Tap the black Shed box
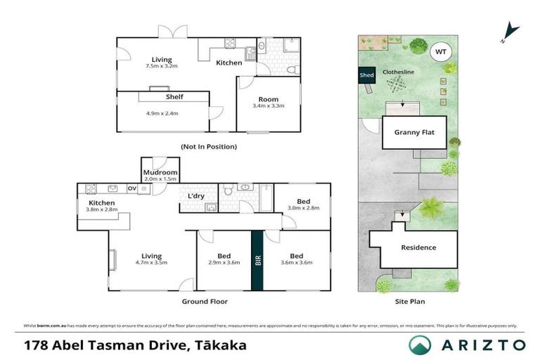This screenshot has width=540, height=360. (x=366, y=75)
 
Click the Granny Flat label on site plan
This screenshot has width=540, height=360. (x=414, y=132)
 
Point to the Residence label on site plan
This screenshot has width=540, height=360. (x=418, y=247)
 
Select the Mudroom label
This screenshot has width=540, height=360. (x=160, y=172)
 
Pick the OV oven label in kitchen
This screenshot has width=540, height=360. (x=131, y=188)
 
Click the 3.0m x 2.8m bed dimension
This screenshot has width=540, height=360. (x=302, y=208)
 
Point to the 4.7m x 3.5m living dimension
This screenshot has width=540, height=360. (x=151, y=263)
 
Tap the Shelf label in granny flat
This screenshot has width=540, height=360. (x=174, y=97)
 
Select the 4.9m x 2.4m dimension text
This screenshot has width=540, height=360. (x=162, y=112)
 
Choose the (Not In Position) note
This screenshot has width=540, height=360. (x=208, y=147)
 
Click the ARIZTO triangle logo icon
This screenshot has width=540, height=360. (x=420, y=345)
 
